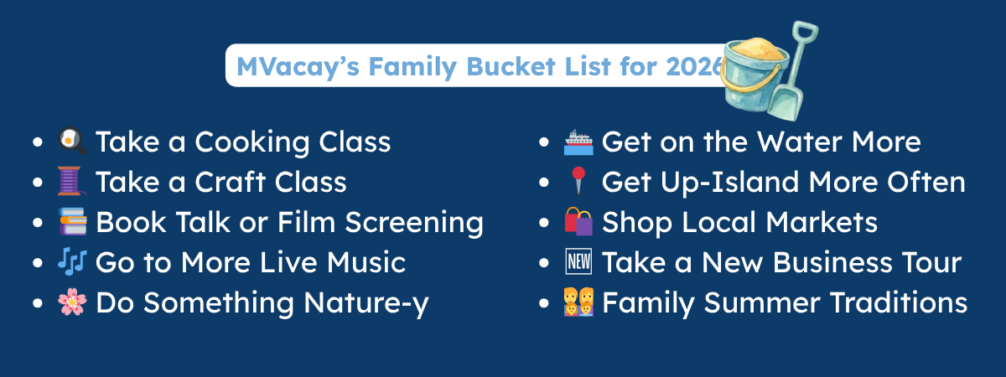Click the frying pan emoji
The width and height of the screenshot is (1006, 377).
point(72,142)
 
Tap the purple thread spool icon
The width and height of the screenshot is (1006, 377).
point(72,181)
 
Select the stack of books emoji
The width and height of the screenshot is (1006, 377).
point(72,221)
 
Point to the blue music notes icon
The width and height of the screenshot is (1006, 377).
point(72,261)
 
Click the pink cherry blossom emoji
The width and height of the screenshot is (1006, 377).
point(72,302)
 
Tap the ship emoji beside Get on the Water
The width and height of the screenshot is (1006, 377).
point(578,142)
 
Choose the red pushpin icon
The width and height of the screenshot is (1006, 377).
point(578,181)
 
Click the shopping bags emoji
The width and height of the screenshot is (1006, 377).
point(578,221)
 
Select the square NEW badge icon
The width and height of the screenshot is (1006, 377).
point(578,261)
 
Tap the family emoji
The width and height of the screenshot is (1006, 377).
point(578,302)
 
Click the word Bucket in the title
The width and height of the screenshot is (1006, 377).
point(511,67)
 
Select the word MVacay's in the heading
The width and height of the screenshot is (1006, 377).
point(298,67)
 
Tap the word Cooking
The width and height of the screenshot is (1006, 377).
point(252,142)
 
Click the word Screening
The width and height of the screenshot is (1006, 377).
point(414,223)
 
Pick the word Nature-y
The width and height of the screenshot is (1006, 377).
point(366,303)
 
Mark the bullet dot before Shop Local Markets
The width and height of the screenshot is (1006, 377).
point(544,223)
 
